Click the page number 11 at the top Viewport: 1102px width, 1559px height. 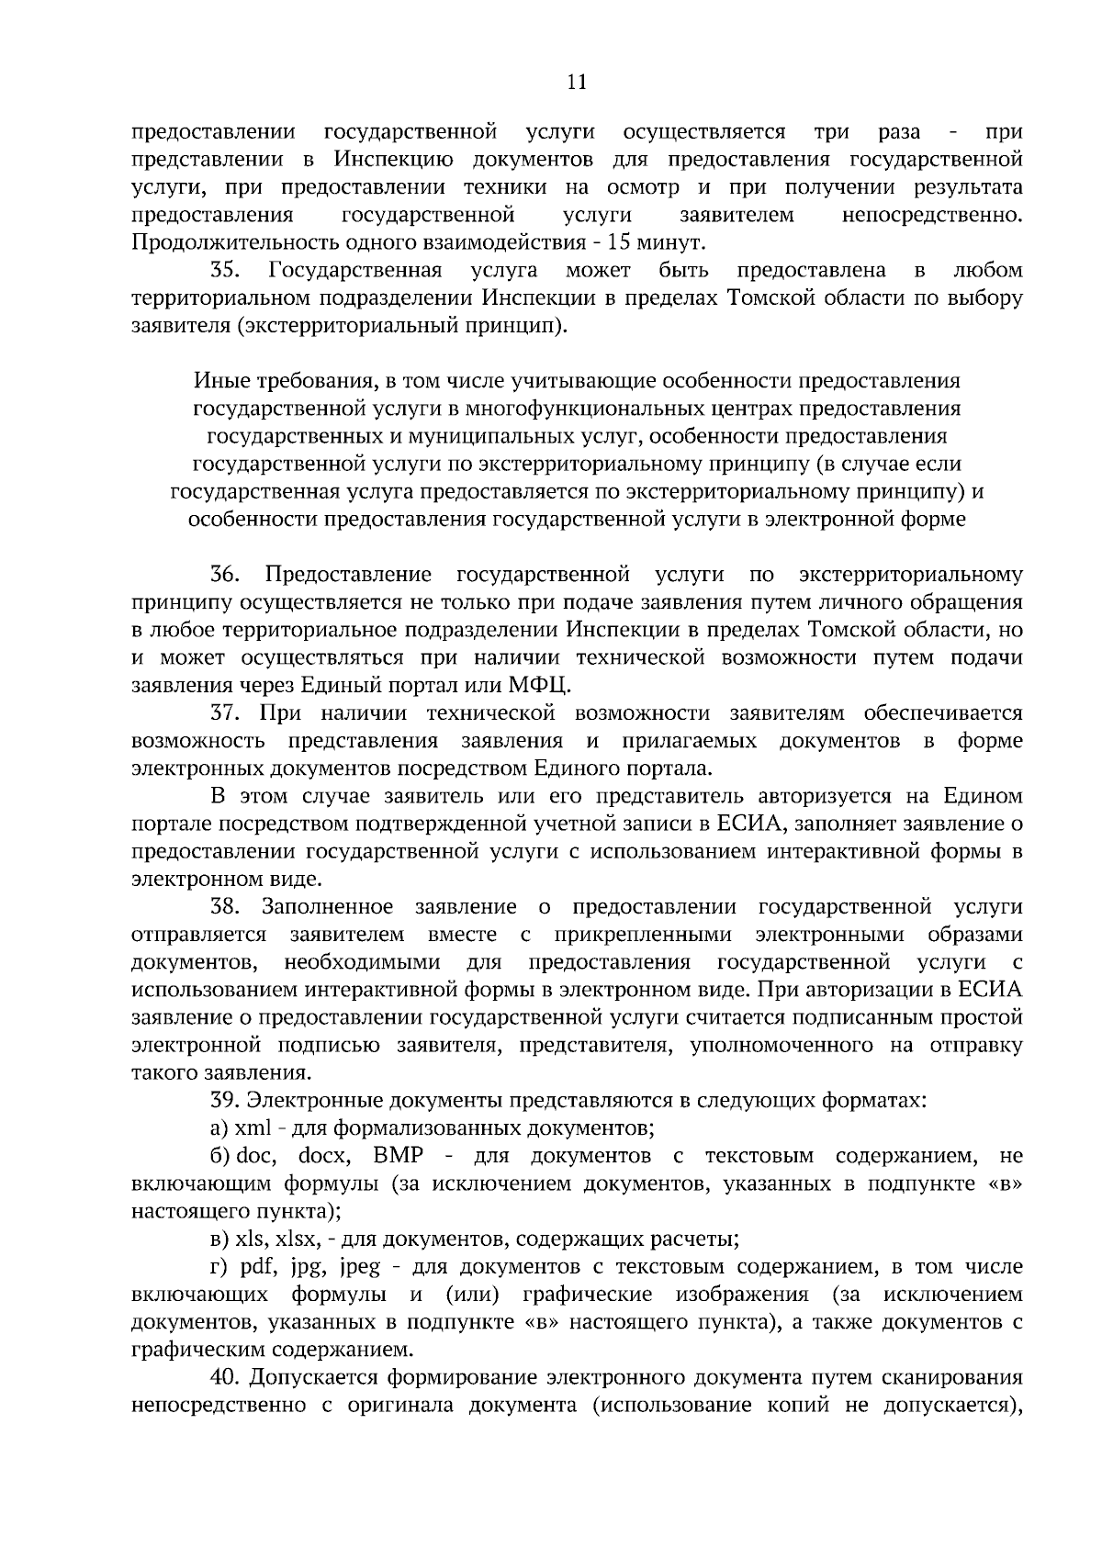(x=577, y=82)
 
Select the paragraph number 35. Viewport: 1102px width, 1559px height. (x=224, y=271)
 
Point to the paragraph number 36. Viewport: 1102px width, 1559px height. (x=224, y=576)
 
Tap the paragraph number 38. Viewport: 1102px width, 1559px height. (x=224, y=907)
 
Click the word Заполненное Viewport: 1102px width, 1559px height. (x=327, y=907)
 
